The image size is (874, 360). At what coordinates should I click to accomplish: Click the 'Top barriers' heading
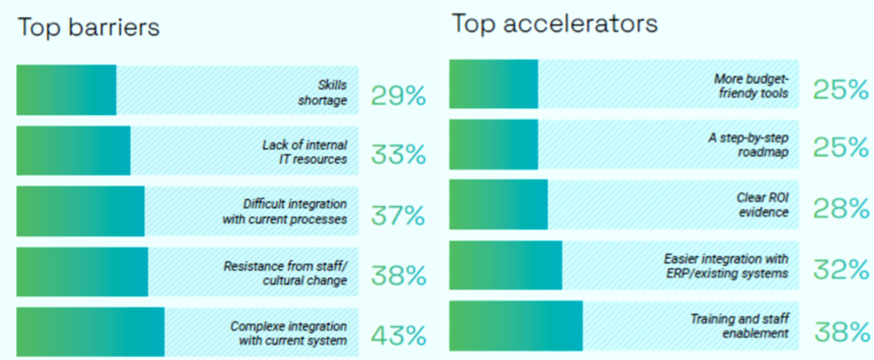pyautogui.click(x=88, y=28)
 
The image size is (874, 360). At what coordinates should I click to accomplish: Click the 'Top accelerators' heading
pyautogui.click(x=554, y=24)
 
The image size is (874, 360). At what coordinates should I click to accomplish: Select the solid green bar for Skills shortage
pyautogui.click(x=66, y=90)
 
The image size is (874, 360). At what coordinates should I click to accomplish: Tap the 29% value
pyautogui.click(x=398, y=95)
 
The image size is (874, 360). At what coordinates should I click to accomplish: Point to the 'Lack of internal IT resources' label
pyautogui.click(x=304, y=152)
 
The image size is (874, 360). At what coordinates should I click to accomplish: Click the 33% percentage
pyautogui.click(x=398, y=155)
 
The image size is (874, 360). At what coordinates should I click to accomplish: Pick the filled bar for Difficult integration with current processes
pyautogui.click(x=80, y=211)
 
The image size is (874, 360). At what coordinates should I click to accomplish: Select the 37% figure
pyautogui.click(x=398, y=216)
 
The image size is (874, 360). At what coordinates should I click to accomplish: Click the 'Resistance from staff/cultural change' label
pyautogui.click(x=285, y=272)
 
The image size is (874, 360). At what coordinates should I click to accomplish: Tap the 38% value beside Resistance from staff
pyautogui.click(x=398, y=275)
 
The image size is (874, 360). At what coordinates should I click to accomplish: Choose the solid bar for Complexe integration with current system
pyautogui.click(x=90, y=331)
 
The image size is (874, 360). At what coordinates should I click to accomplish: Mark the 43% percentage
pyautogui.click(x=398, y=336)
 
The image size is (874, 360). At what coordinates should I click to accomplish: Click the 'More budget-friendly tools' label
pyautogui.click(x=751, y=86)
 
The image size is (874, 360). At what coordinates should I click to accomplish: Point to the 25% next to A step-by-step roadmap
pyautogui.click(x=841, y=148)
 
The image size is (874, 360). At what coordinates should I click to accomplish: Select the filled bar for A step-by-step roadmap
pyautogui.click(x=493, y=144)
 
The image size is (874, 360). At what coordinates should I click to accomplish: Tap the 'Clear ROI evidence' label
pyautogui.click(x=762, y=205)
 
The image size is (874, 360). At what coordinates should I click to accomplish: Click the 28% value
pyautogui.click(x=841, y=208)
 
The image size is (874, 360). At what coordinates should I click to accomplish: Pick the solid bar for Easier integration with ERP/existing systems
pyautogui.click(x=505, y=265)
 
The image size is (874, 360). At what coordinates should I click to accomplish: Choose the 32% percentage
pyautogui.click(x=841, y=269)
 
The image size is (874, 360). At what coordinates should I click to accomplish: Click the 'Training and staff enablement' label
pyautogui.click(x=739, y=326)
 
